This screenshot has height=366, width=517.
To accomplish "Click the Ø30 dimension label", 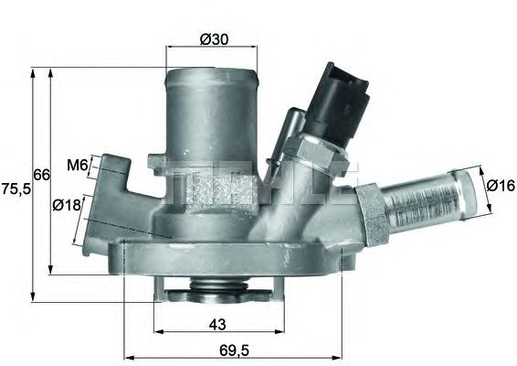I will pyautogui.click(x=214, y=39).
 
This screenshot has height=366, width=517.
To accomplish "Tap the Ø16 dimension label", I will pyautogui.click(x=500, y=186).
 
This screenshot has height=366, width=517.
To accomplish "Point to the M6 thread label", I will pyautogui.click(x=77, y=166).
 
